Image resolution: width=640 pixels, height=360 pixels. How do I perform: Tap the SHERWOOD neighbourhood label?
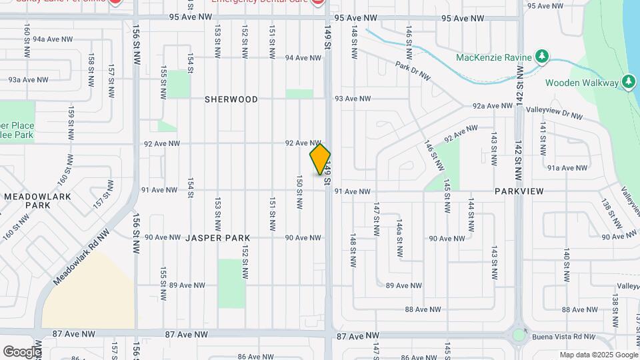(231, 99)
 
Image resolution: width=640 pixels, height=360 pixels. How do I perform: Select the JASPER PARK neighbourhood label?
(217, 237)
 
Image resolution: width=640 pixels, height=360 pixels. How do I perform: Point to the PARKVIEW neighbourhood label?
(519, 191)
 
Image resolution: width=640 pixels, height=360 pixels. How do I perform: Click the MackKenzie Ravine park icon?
(543, 57)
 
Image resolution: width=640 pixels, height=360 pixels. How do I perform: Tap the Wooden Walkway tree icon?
(627, 83)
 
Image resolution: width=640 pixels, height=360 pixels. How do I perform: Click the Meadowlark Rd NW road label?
(81, 257)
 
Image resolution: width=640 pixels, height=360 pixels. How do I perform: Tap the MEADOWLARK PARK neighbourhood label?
(29, 201)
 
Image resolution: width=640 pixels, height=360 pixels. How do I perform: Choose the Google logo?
(22, 351)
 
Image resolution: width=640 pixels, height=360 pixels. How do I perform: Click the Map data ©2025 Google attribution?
(599, 355)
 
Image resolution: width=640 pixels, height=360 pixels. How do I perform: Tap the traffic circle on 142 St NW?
(519, 335)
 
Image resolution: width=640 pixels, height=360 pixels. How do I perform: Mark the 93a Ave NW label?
(28, 79)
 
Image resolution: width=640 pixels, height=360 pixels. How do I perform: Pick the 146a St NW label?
(399, 237)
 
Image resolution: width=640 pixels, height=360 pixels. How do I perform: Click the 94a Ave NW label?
(47, 39)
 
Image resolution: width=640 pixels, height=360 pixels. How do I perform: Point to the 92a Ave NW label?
(492, 106)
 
